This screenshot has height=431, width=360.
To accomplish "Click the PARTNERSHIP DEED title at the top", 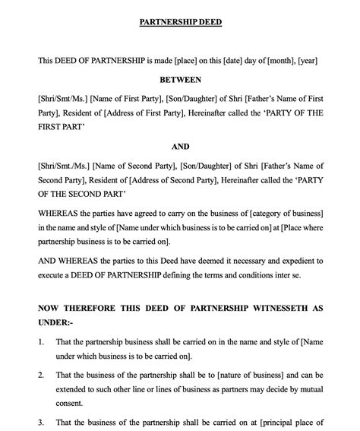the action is (180, 22).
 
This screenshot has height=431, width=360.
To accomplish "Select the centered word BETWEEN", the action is (180, 79).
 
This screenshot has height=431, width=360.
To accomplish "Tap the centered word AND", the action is (180, 147).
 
